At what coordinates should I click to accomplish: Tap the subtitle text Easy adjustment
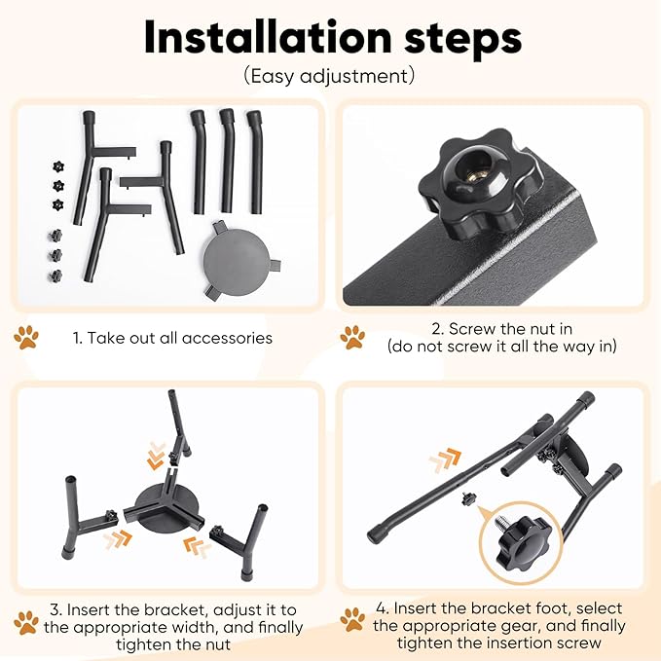point(329,76)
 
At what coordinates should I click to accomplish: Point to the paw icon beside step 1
point(26,337)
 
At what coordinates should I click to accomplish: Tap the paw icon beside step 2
point(352,337)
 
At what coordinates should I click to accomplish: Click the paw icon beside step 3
point(26,623)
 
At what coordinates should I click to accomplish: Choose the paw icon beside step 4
point(352,620)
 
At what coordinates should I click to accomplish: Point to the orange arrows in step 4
point(445,459)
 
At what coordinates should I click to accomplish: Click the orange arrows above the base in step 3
point(156,456)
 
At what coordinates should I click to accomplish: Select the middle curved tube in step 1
point(227,161)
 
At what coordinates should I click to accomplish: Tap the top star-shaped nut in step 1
point(58,166)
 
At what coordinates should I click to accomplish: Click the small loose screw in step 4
point(468,497)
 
